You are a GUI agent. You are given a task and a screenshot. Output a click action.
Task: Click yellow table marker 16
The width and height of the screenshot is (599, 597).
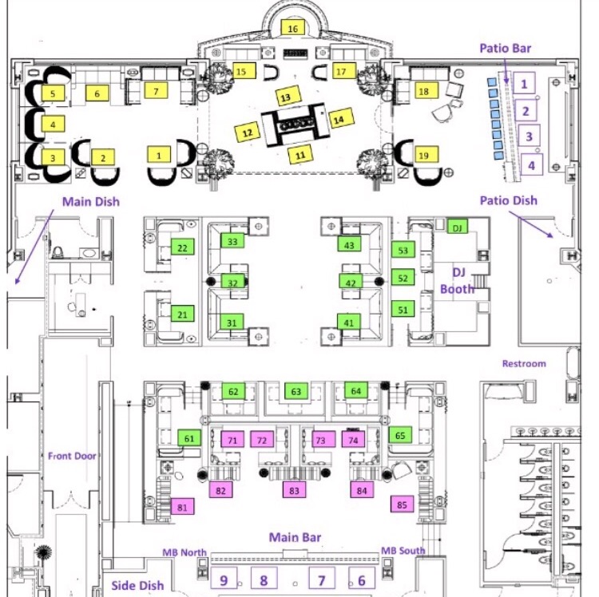coord(292,28)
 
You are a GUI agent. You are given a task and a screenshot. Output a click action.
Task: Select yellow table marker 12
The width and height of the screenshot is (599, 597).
coord(247,132)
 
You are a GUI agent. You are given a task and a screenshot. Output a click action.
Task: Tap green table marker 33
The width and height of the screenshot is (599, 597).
coord(232,241)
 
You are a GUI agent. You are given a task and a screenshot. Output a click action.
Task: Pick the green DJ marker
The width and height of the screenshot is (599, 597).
coord(458,227)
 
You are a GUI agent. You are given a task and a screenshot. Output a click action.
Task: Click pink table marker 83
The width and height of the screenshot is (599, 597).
coord(294,490)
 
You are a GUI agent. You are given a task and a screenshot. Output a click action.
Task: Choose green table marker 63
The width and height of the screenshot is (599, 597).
coord(296,392)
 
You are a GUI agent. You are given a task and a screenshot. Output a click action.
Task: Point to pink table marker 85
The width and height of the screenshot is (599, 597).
coord(402,504)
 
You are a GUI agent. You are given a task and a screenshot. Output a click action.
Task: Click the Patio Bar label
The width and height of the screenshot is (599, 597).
coord(505,48)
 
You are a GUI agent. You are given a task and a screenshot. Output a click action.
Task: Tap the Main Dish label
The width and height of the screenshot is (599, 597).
coord(91,202)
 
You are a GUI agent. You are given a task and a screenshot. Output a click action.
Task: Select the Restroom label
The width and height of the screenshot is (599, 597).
coord(524,363)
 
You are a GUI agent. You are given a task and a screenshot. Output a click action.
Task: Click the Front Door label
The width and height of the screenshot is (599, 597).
coord(72,456)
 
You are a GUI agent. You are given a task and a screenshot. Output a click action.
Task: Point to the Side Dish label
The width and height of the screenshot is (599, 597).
coord(137,585)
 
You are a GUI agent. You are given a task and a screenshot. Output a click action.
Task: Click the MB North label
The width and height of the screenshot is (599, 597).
coord(184,552)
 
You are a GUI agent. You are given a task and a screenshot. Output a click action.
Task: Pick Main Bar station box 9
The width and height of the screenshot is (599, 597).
coord(224,579)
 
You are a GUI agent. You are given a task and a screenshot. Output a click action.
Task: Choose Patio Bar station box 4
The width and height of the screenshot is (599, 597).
coord(531,164)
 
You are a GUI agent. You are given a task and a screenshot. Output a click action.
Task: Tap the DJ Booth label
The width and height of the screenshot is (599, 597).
coord(458,281)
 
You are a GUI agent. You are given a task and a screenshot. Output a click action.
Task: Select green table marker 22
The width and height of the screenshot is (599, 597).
coord(183,247)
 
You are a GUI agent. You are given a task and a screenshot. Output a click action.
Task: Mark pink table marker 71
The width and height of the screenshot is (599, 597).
coord(232,440)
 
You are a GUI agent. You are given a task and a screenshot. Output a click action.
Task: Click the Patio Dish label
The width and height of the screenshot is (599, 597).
coord(509,200)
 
